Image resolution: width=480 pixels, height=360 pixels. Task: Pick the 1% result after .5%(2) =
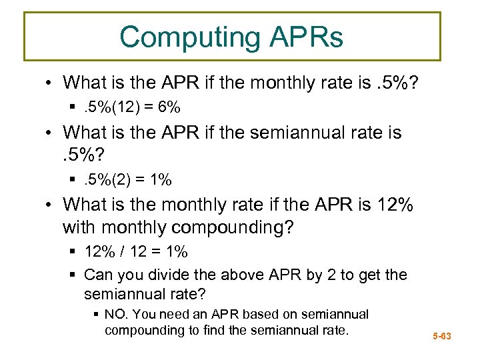pos(160,179)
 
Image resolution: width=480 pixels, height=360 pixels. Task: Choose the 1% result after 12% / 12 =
pos(176,252)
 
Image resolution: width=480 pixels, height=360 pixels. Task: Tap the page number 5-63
pos(441,336)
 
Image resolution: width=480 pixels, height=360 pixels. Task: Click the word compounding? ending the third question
pos(232,227)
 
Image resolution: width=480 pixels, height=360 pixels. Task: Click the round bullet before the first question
pos(51,83)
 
